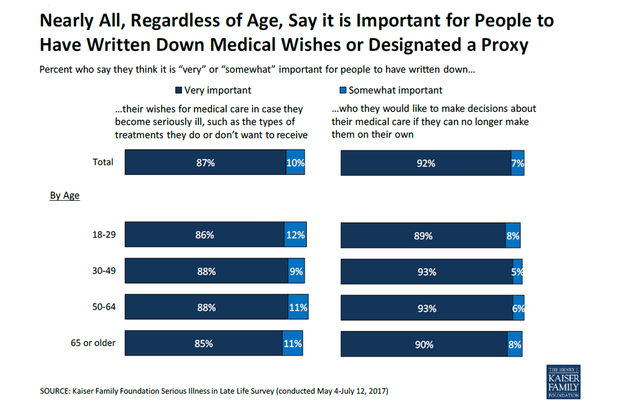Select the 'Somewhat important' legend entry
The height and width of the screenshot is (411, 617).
tap(391, 90)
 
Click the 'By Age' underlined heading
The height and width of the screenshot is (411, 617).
tap(65, 195)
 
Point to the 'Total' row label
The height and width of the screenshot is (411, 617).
tap(103, 162)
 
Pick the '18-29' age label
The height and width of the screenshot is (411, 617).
tap(104, 235)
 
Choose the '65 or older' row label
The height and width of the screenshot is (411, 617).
tap(93, 343)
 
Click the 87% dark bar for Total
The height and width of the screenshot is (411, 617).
tap(205, 162)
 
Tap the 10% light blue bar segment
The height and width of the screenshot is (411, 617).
tap(295, 162)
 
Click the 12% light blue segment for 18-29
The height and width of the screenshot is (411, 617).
tap(295, 235)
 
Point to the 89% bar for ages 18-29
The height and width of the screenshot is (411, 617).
tap(423, 236)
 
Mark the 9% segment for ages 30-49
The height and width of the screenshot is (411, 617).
tap(296, 271)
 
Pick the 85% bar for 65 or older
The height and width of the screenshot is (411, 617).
tap(204, 344)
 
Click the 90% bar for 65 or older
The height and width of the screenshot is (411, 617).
tap(424, 344)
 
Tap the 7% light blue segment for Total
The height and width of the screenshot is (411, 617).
tap(517, 163)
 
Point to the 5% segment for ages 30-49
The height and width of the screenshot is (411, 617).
tap(518, 272)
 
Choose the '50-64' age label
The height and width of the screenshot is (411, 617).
tap(104, 307)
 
